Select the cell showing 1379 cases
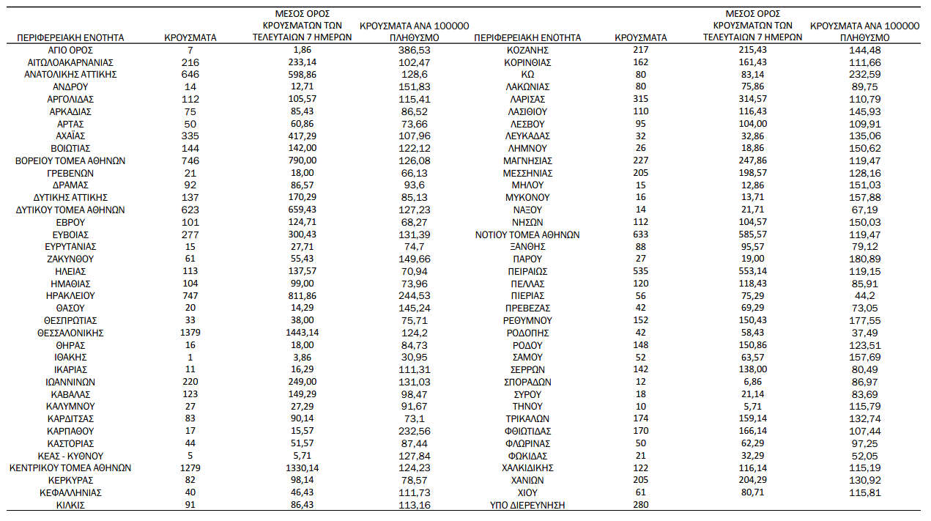pos(190,333)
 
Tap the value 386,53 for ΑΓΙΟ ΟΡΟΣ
pos(415,50)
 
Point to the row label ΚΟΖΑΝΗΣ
pos(527,50)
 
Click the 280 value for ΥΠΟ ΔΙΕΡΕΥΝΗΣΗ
pos(640,505)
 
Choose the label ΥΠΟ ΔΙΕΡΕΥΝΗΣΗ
pos(527,505)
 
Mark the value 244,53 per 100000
pos(415,296)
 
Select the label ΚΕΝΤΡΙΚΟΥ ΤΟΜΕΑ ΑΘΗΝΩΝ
pos(70,468)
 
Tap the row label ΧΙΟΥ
pos(527,492)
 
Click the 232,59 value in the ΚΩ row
pos(865,75)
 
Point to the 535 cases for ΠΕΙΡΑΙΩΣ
pos(640,271)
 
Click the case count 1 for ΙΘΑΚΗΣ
pos(190,357)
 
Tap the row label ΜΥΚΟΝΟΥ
pos(527,197)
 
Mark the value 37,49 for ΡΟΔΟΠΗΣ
pos(865,333)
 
